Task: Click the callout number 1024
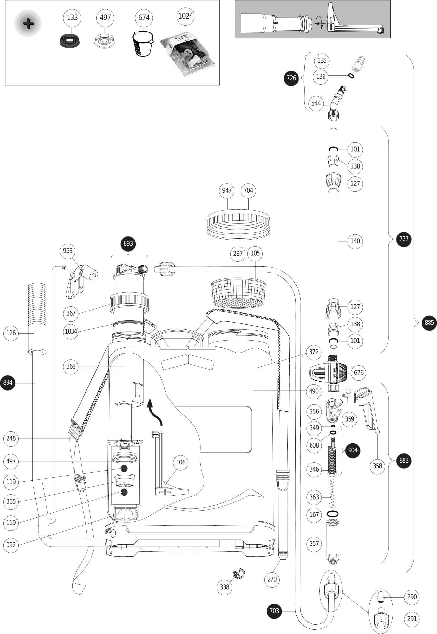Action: [x=185, y=16]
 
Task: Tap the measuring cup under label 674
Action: [x=143, y=44]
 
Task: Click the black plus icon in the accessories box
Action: [x=28, y=23]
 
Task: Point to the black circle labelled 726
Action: [x=291, y=78]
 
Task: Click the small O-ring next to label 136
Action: [x=351, y=76]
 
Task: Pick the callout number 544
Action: [x=316, y=103]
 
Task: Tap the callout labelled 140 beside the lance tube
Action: [x=355, y=241]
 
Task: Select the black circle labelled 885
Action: [x=429, y=323]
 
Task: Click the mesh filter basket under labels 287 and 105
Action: [x=239, y=292]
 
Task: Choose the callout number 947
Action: [x=227, y=190]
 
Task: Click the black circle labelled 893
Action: [x=128, y=244]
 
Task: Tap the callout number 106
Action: [x=180, y=462]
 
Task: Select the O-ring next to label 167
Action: [x=332, y=514]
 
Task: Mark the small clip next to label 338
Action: [x=239, y=574]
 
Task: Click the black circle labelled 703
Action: [x=274, y=611]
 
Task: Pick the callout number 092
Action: [x=11, y=545]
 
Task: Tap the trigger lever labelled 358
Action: [x=367, y=409]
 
